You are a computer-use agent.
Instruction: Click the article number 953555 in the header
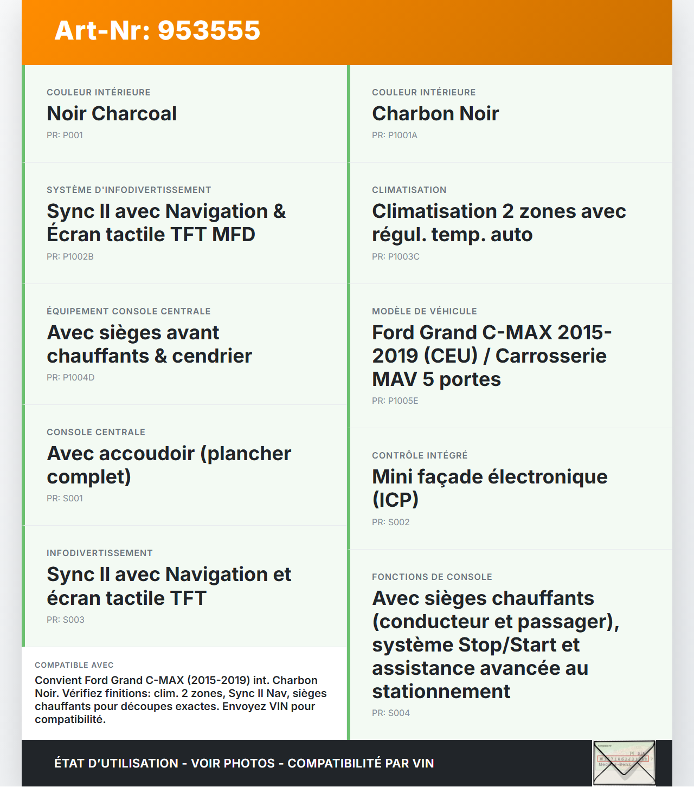tap(157, 30)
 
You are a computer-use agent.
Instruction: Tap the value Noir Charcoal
tap(112, 114)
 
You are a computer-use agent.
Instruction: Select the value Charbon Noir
tap(435, 114)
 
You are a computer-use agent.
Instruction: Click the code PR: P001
tap(65, 136)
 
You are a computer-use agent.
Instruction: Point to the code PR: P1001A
tap(395, 136)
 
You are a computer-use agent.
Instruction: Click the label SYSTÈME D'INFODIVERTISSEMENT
tap(129, 190)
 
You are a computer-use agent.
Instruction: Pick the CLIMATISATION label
tap(409, 190)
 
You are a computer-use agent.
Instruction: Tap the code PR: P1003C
tap(396, 257)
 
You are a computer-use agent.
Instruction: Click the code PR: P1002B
tap(70, 257)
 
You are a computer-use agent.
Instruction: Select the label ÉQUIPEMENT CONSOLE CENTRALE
tap(128, 312)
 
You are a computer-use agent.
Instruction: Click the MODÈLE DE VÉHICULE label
tap(425, 312)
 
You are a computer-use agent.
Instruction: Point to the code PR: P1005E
tap(395, 401)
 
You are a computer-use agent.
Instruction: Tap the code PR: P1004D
tap(70, 378)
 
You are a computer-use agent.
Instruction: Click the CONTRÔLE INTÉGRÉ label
tap(420, 456)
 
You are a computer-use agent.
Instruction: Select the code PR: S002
tap(391, 522)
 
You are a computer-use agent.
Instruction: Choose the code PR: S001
tap(65, 499)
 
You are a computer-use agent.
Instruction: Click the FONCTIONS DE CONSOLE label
tap(432, 577)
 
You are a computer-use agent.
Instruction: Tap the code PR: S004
tap(391, 713)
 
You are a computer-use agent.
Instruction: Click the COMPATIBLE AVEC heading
tap(74, 666)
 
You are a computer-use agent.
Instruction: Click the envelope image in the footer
tap(624, 763)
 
